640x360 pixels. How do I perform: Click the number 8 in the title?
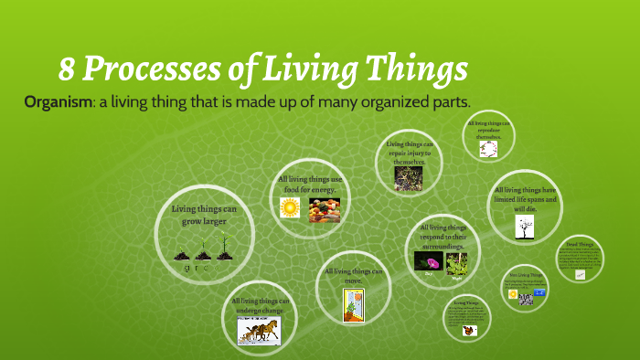(67, 69)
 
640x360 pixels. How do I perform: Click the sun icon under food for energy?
(290, 207)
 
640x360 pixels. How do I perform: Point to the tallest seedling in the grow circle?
(223, 246)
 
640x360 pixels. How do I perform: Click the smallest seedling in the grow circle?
(182, 253)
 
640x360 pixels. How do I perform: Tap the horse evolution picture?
(259, 329)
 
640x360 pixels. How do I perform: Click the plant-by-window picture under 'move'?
(354, 304)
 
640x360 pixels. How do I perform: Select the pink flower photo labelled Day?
(427, 262)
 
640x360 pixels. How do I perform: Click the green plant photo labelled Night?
(456, 263)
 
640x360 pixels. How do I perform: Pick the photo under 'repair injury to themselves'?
(408, 177)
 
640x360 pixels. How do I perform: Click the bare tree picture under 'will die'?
(525, 228)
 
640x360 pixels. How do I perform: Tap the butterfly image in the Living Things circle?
(468, 331)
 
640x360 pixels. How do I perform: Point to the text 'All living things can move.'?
(353, 275)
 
